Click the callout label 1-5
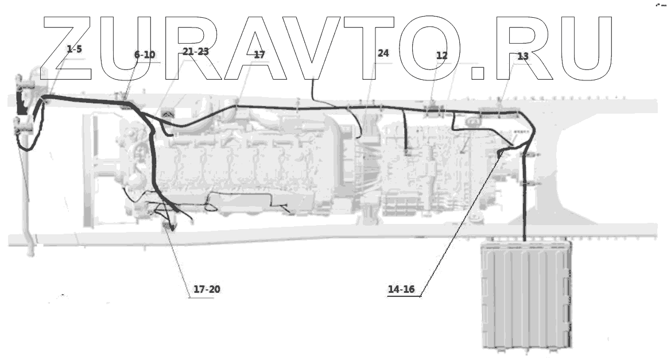click(x=75, y=49)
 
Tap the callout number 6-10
click(x=145, y=55)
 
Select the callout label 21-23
click(x=195, y=52)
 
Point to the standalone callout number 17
click(x=259, y=55)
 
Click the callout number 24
click(x=383, y=53)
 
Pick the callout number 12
click(x=441, y=56)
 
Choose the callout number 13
click(x=522, y=56)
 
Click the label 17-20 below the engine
click(x=207, y=289)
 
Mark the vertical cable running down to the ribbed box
click(x=525, y=201)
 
